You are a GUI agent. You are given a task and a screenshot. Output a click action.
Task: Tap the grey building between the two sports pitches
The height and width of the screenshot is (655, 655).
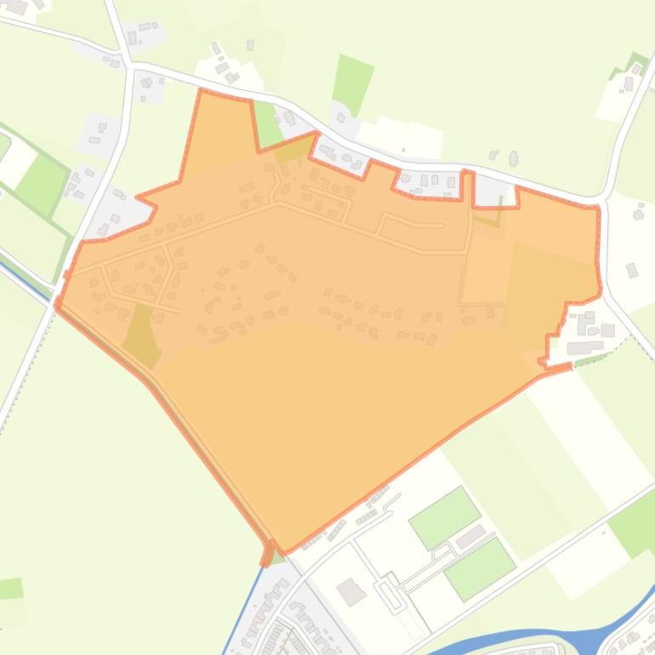pos(470,538)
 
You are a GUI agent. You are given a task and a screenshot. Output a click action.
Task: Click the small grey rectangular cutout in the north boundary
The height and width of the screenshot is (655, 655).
pos(495,191)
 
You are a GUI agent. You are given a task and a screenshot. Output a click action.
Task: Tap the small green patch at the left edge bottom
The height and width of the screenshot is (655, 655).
pos(10,588)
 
